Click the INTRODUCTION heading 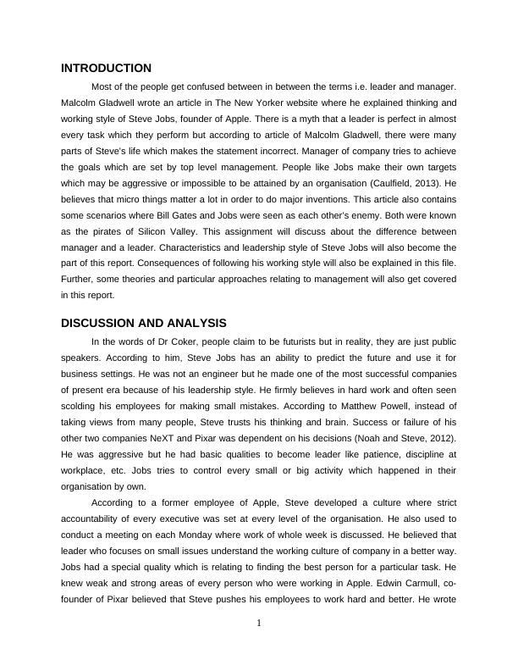tap(107, 68)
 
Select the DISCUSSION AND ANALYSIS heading tap(144, 323)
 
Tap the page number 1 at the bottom tap(259, 624)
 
